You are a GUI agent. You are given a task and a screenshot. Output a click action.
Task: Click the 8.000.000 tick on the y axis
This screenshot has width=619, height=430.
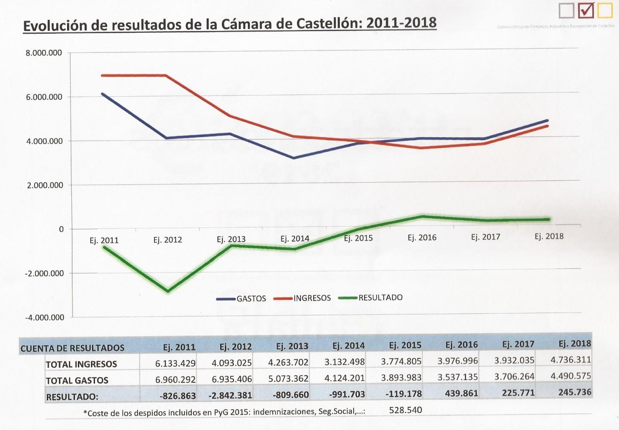tap(44, 53)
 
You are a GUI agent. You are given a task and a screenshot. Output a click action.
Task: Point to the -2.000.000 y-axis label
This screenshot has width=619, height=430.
tap(44, 273)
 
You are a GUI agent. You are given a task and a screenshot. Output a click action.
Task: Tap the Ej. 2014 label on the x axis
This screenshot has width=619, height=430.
tap(295, 239)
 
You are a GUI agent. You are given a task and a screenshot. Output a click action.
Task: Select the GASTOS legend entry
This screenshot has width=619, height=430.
tap(242, 298)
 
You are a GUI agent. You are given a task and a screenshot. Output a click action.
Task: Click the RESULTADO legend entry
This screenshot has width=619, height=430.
tap(371, 298)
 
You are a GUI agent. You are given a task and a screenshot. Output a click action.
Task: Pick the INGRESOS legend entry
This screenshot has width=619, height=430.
tap(302, 298)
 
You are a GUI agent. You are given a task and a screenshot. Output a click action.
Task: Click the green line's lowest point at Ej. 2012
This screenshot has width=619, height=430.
tap(168, 291)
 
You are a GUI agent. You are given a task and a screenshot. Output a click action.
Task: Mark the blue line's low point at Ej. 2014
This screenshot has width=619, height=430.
tap(294, 158)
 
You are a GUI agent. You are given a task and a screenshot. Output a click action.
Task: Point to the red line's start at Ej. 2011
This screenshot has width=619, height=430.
tap(102, 76)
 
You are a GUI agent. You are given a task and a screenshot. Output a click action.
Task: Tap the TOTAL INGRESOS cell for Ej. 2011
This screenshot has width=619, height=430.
tap(175, 363)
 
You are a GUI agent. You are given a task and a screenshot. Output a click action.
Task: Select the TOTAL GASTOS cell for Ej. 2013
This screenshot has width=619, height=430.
tap(288, 379)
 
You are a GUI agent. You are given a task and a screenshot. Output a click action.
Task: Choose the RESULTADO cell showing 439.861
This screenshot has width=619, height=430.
tap(462, 393)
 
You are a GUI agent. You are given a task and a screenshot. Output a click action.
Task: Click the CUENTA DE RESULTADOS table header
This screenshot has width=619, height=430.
tap(72, 348)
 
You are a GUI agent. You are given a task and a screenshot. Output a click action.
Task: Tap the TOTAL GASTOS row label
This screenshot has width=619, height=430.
tap(77, 381)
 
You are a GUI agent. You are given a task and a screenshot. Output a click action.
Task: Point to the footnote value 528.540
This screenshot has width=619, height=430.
tap(405, 410)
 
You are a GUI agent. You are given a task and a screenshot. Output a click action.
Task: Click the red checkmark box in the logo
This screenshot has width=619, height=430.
tap(586, 10)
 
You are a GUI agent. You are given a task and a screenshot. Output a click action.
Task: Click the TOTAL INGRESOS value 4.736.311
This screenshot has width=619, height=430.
tap(570, 359)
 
